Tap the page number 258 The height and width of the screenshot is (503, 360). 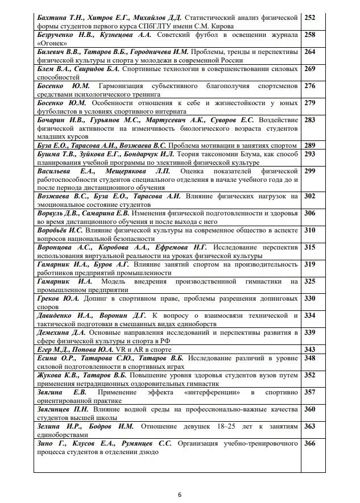click(x=310, y=35)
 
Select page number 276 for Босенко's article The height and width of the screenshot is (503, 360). click(x=310, y=86)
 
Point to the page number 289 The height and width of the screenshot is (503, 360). click(x=310, y=145)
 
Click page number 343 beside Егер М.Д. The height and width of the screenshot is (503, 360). click(x=310, y=349)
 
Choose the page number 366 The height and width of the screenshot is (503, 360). click(x=310, y=443)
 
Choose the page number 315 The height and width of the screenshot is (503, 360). click(x=310, y=247)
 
